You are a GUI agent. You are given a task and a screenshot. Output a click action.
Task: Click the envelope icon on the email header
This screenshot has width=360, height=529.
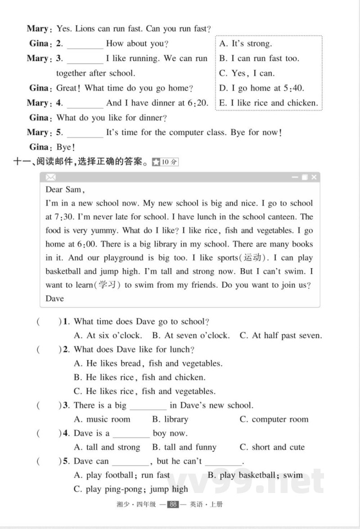click(51, 177)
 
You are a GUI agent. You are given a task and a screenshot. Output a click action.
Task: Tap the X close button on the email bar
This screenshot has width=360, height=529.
click(314, 177)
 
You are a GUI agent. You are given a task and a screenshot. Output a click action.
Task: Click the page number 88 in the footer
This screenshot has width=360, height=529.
click(173, 504)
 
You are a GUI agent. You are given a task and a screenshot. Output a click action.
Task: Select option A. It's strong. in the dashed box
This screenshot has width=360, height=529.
click(246, 44)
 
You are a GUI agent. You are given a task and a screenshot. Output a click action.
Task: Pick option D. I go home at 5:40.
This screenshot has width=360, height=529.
click(261, 88)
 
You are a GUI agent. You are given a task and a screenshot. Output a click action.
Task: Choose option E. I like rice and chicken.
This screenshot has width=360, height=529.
click(268, 103)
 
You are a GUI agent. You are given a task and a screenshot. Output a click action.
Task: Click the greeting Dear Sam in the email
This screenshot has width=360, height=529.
click(65, 189)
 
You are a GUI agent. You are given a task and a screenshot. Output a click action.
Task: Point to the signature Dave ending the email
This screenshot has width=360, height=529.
click(55, 298)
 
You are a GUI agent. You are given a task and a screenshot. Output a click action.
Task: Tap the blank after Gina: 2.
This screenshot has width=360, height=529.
click(85, 44)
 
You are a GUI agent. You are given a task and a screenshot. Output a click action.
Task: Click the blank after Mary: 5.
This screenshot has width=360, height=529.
click(85, 133)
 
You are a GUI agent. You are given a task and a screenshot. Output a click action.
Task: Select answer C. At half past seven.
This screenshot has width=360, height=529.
click(281, 336)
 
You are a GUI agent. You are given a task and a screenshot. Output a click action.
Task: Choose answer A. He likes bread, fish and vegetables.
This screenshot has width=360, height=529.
click(148, 363)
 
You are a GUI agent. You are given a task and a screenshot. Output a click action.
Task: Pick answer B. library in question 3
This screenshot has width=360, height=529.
click(170, 419)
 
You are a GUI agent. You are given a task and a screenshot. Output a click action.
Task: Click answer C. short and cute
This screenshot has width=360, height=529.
click(272, 447)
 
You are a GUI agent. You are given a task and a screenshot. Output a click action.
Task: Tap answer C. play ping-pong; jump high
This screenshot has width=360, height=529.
click(131, 489)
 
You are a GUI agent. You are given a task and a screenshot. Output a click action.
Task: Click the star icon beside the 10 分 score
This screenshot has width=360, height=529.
click(156, 162)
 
